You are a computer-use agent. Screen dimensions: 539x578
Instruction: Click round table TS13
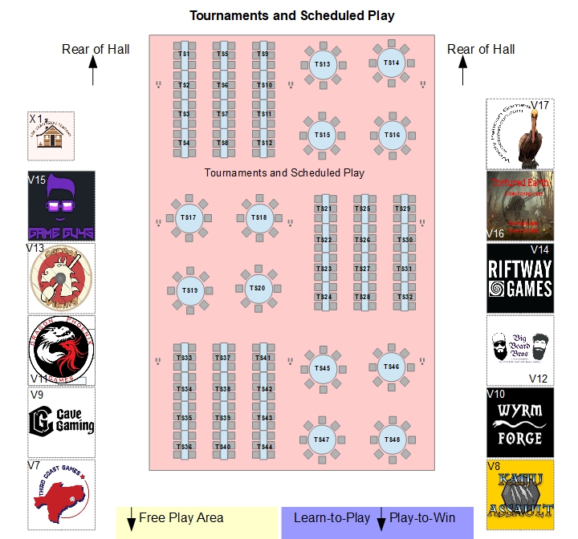click(x=322, y=64)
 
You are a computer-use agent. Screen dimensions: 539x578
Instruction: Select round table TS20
click(x=257, y=288)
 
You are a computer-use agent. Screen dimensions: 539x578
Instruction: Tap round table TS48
click(x=392, y=440)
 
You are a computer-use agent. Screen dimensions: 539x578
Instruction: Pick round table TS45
click(x=322, y=368)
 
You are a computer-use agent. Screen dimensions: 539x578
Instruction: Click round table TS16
click(x=392, y=135)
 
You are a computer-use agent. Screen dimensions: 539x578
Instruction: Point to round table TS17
click(x=189, y=217)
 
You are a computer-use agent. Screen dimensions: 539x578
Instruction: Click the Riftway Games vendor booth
click(x=520, y=278)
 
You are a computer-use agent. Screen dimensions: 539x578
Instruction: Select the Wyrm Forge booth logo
click(x=520, y=423)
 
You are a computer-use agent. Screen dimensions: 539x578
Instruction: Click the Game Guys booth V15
click(x=62, y=205)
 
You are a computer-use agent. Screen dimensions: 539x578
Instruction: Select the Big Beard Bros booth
click(x=520, y=351)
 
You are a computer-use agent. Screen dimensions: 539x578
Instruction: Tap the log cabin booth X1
click(x=51, y=136)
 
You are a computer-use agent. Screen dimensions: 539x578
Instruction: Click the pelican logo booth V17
click(x=520, y=133)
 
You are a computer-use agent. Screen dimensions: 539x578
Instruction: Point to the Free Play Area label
click(x=181, y=518)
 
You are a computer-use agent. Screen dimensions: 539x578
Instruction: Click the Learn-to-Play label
click(x=332, y=518)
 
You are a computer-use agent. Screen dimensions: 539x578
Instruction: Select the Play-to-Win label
click(x=421, y=518)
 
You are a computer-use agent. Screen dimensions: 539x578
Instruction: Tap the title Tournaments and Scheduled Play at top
click(x=291, y=15)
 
